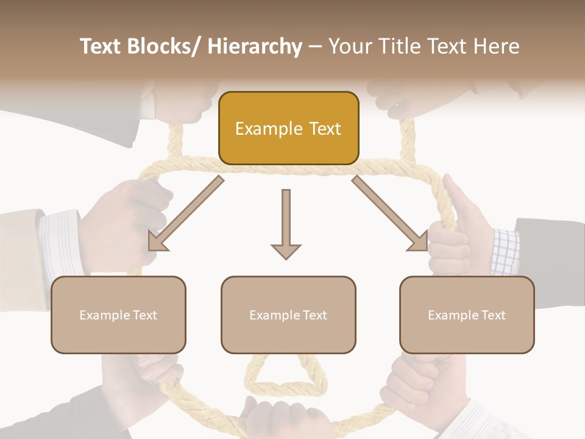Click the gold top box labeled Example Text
[288, 128]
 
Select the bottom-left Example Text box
[118, 315]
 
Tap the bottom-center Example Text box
[288, 315]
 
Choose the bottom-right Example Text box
[467, 315]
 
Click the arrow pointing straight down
[286, 223]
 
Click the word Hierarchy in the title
[255, 46]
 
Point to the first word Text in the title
[100, 46]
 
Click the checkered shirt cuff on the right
[505, 250]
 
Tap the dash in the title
[315, 48]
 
